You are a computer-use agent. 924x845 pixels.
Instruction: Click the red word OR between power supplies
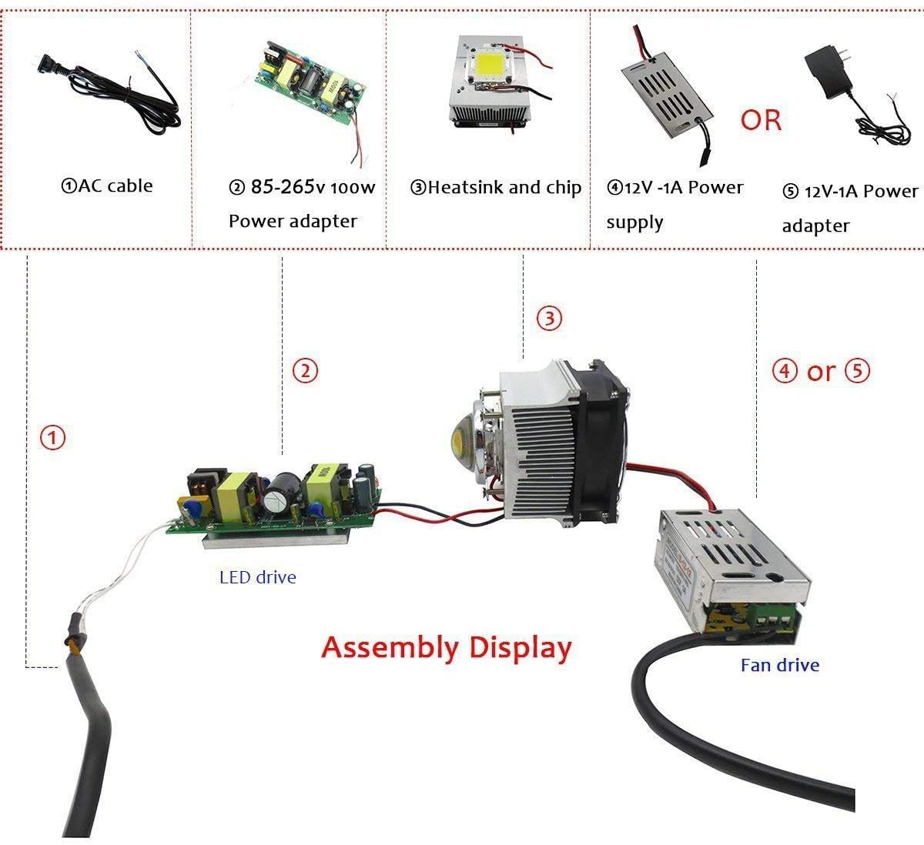coord(761,120)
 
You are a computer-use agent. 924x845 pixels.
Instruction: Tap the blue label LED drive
coord(257,576)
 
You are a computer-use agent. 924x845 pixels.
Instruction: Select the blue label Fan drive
coord(779,665)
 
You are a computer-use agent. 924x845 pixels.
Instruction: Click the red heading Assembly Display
coord(447,647)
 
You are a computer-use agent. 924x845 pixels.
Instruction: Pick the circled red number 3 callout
coord(549,318)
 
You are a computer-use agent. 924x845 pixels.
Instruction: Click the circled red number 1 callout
coord(52,439)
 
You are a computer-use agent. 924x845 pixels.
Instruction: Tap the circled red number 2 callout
coord(305,372)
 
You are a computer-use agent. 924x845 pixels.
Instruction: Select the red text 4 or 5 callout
coord(821,372)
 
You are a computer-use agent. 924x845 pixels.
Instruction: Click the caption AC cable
coord(107,185)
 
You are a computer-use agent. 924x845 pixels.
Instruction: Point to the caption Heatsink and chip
coord(496,187)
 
